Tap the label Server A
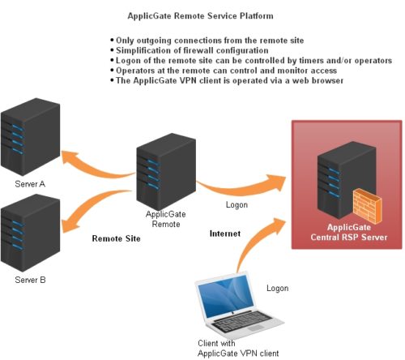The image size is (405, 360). [30, 184]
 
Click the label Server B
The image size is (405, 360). [30, 280]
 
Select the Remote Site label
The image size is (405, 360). [116, 239]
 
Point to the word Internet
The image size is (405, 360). [225, 233]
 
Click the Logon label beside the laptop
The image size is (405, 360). [277, 288]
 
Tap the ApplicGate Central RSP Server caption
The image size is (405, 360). [344, 233]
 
